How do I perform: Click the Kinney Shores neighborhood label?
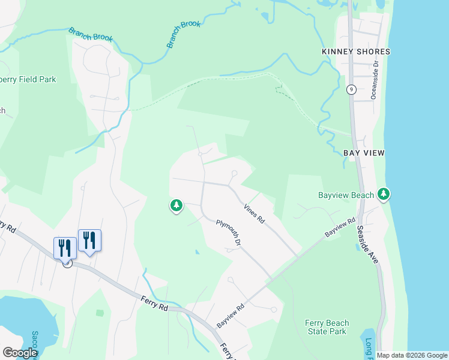coord(356,52)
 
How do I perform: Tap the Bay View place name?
coord(364,153)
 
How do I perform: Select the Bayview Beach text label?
coord(346,195)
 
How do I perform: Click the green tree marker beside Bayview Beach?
coord(384,194)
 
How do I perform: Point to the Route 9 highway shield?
coord(351,90)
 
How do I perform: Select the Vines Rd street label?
coord(254,214)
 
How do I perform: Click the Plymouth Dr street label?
coord(229,233)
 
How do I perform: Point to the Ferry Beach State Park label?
coord(326,327)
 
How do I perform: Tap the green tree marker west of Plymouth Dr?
coord(176,206)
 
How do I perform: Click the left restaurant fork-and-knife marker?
coord(65,247)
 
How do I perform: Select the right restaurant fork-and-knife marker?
coord(89,240)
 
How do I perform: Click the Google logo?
coord(20,353)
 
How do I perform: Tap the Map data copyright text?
coord(412,355)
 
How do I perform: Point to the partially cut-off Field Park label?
coord(28,79)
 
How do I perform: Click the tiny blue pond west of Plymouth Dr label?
coord(197,252)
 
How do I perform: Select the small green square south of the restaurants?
coord(100,313)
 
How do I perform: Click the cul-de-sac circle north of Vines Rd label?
coord(234,173)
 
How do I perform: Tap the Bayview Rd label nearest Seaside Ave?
coord(341,227)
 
